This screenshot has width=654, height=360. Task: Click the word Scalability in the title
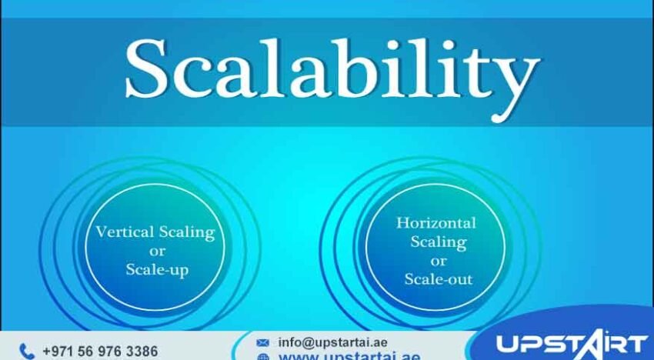tap(332, 69)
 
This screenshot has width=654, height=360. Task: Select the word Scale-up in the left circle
tap(157, 269)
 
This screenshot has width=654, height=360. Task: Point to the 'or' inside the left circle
tap(156, 251)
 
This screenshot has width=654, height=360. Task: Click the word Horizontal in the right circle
tap(435, 223)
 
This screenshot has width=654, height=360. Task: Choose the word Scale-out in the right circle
tap(439, 278)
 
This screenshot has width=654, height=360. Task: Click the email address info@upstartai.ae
tap(332, 342)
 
